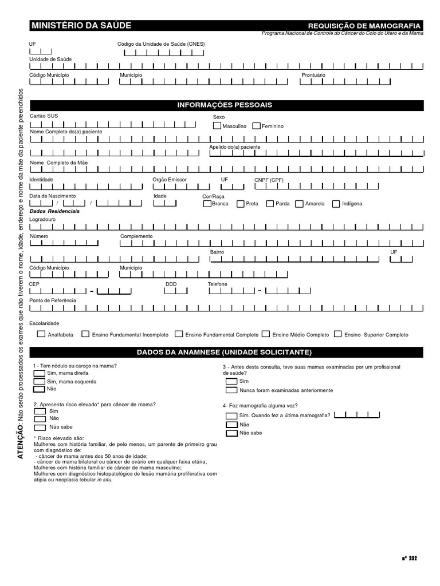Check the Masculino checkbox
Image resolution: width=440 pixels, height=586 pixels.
pyautogui.click(x=217, y=126)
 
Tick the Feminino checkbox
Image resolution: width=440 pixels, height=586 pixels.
pyautogui.click(x=257, y=126)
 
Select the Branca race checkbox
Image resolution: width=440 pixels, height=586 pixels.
pyautogui.click(x=207, y=203)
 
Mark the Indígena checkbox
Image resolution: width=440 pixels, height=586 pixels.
pyautogui.click(x=337, y=203)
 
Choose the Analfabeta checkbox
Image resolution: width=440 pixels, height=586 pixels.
pyautogui.click(x=41, y=334)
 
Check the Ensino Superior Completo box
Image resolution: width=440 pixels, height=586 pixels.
pyautogui.click(x=338, y=334)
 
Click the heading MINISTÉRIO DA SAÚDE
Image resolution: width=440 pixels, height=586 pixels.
pyautogui.click(x=81, y=26)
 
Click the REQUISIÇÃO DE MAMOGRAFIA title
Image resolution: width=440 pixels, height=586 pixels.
pyautogui.click(x=364, y=26)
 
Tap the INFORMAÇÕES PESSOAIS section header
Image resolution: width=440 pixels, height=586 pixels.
pyautogui.click(x=225, y=105)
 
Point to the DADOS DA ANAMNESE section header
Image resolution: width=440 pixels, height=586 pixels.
pyautogui.click(x=225, y=351)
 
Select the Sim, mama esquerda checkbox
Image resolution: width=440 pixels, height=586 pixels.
pyautogui.click(x=39, y=381)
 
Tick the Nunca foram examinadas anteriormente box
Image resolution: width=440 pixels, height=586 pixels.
pyautogui.click(x=231, y=390)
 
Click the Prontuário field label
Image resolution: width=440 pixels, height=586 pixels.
pyautogui.click(x=313, y=75)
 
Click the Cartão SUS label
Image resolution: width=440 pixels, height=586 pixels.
pyautogui.click(x=44, y=116)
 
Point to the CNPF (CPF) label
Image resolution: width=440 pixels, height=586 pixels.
pyautogui.click(x=269, y=180)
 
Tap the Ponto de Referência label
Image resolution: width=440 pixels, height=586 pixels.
pyautogui.click(x=52, y=300)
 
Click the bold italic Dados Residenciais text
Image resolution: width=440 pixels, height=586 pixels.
pyautogui.click(x=54, y=211)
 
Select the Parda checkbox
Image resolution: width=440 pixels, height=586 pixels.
pyautogui.click(x=270, y=203)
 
